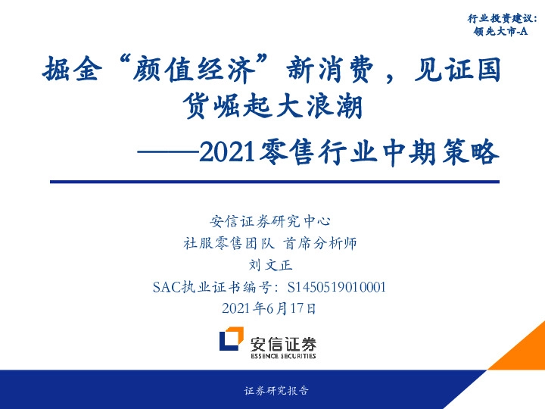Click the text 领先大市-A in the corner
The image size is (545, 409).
pos(500,33)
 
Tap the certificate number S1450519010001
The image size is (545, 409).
pos(333,287)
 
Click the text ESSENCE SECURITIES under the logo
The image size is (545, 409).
pos(284,354)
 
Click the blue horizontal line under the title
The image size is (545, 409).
pos(274,182)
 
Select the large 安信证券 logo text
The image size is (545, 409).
pos(284,340)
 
